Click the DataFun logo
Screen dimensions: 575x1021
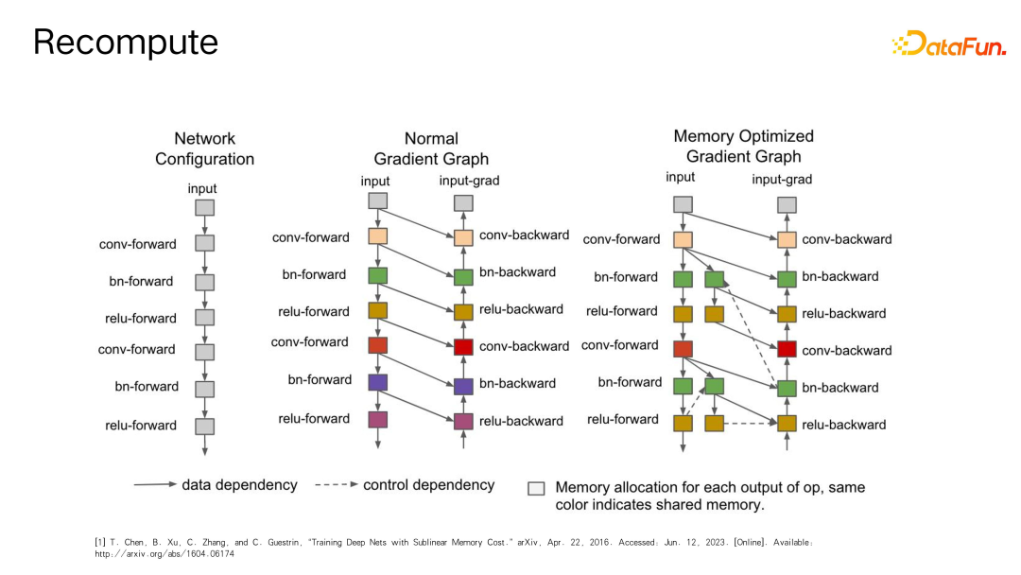pos(948,44)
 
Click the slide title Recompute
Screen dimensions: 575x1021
pos(126,42)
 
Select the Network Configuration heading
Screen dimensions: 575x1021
pos(204,148)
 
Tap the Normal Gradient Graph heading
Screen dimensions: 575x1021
pos(431,148)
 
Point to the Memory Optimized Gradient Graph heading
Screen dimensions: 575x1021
pos(743,147)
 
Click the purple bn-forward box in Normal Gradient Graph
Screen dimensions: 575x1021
pos(378,382)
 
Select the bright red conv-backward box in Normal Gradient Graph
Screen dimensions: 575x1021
pos(463,347)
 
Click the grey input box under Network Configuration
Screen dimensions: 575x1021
pos(204,207)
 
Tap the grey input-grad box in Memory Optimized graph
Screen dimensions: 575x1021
pos(787,204)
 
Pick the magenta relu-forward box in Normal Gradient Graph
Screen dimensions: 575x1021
pos(378,420)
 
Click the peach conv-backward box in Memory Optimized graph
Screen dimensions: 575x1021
pos(787,240)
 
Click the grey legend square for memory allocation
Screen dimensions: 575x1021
pos(536,488)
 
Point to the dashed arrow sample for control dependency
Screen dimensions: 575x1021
pos(336,485)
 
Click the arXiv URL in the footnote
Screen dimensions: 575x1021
pos(164,554)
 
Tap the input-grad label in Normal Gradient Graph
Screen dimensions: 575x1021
pos(470,181)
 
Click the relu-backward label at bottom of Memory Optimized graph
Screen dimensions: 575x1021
pos(844,425)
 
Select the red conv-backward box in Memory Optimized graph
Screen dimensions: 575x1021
pos(787,350)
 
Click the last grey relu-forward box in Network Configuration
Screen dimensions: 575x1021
pos(204,427)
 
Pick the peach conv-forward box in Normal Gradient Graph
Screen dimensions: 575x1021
pos(377,236)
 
